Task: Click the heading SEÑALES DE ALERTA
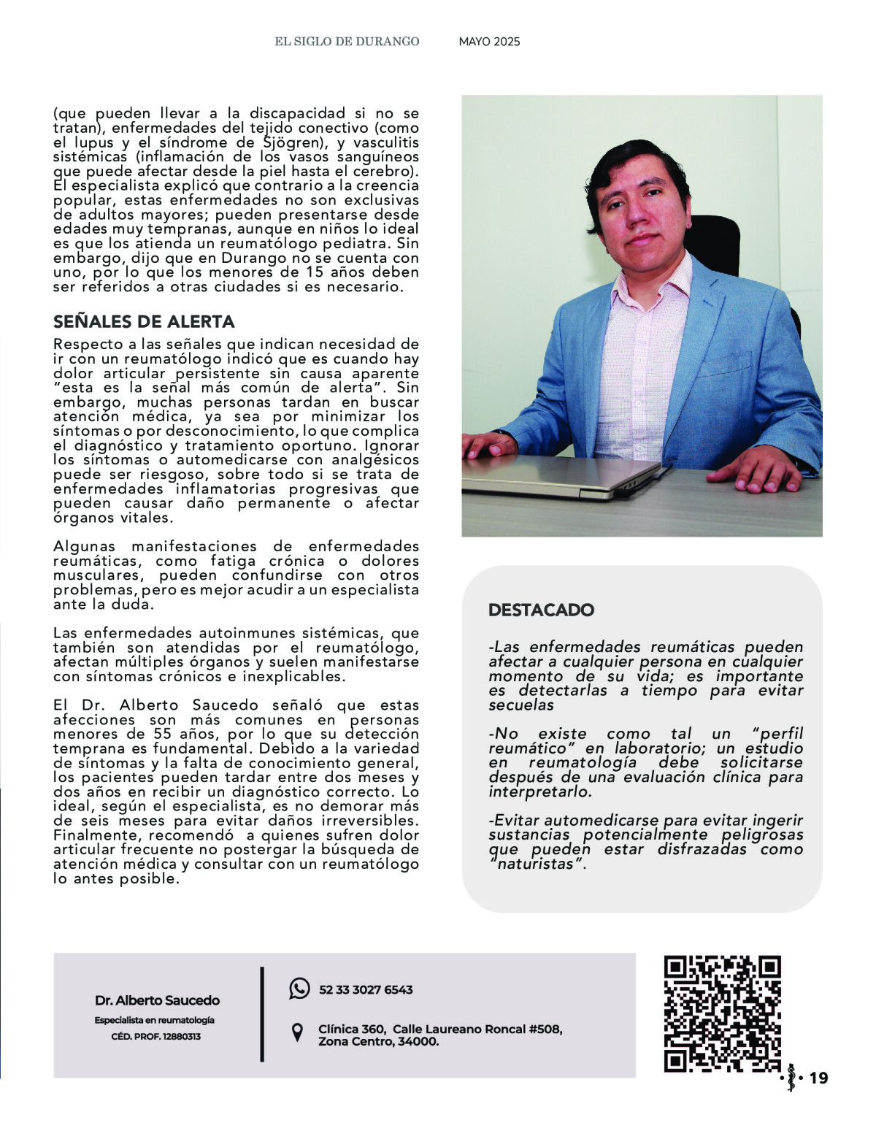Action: [144, 322]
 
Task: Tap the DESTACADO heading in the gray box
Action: [541, 610]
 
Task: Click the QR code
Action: [722, 1013]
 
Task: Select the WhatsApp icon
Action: [299, 989]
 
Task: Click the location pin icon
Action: [297, 1033]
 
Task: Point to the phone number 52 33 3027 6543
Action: [366, 990]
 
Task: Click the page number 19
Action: [819, 1078]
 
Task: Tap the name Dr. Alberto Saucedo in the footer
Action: [157, 1000]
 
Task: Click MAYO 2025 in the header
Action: [489, 42]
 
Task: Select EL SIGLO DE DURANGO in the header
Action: [347, 42]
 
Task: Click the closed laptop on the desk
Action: [558, 476]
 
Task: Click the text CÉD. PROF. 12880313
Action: [155, 1037]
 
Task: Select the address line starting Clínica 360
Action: [440, 1029]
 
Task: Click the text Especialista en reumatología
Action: [155, 1020]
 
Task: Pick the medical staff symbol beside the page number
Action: [791, 1078]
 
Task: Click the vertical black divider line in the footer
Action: [262, 1013]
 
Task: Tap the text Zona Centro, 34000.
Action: [378, 1042]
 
